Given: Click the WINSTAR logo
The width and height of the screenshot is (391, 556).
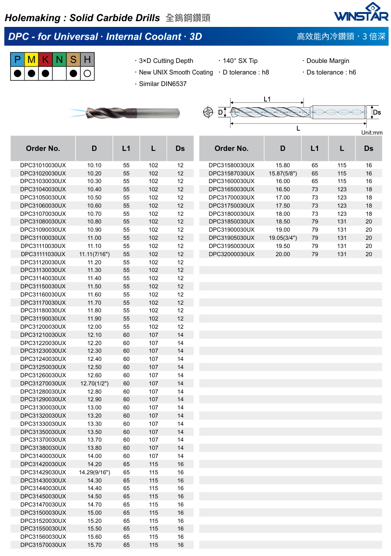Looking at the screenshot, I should coord(361,12).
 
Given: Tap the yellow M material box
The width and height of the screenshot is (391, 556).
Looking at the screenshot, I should coord(31,60).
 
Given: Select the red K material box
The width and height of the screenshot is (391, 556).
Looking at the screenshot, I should coord(45,60).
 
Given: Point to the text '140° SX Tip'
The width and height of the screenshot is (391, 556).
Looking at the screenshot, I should coord(240,61).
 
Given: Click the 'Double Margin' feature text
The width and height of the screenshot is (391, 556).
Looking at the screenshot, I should coord(328,61).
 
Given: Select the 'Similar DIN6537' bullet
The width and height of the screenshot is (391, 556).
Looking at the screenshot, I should coord(162,84).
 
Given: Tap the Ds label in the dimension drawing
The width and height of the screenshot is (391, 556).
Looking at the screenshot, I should coord(377,112).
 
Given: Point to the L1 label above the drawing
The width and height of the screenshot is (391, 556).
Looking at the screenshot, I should coord(267,99).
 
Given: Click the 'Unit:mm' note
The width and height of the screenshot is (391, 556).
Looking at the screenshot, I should coord(371,133).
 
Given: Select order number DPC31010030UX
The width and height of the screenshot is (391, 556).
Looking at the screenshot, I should coord(43,165).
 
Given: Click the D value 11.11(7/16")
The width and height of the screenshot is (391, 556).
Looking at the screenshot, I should coord(94,254).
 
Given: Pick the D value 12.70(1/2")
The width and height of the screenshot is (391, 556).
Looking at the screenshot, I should coord(94,383).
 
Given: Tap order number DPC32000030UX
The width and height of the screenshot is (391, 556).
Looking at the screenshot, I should coord(232,254).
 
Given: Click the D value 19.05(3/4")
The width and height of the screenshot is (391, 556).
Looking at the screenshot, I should coord(283,238).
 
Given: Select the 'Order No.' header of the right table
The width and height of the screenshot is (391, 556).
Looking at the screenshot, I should coord(232,148).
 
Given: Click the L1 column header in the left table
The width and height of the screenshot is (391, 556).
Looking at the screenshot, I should coord(126,148).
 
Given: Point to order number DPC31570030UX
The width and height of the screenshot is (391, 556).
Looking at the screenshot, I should coord(43,545).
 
